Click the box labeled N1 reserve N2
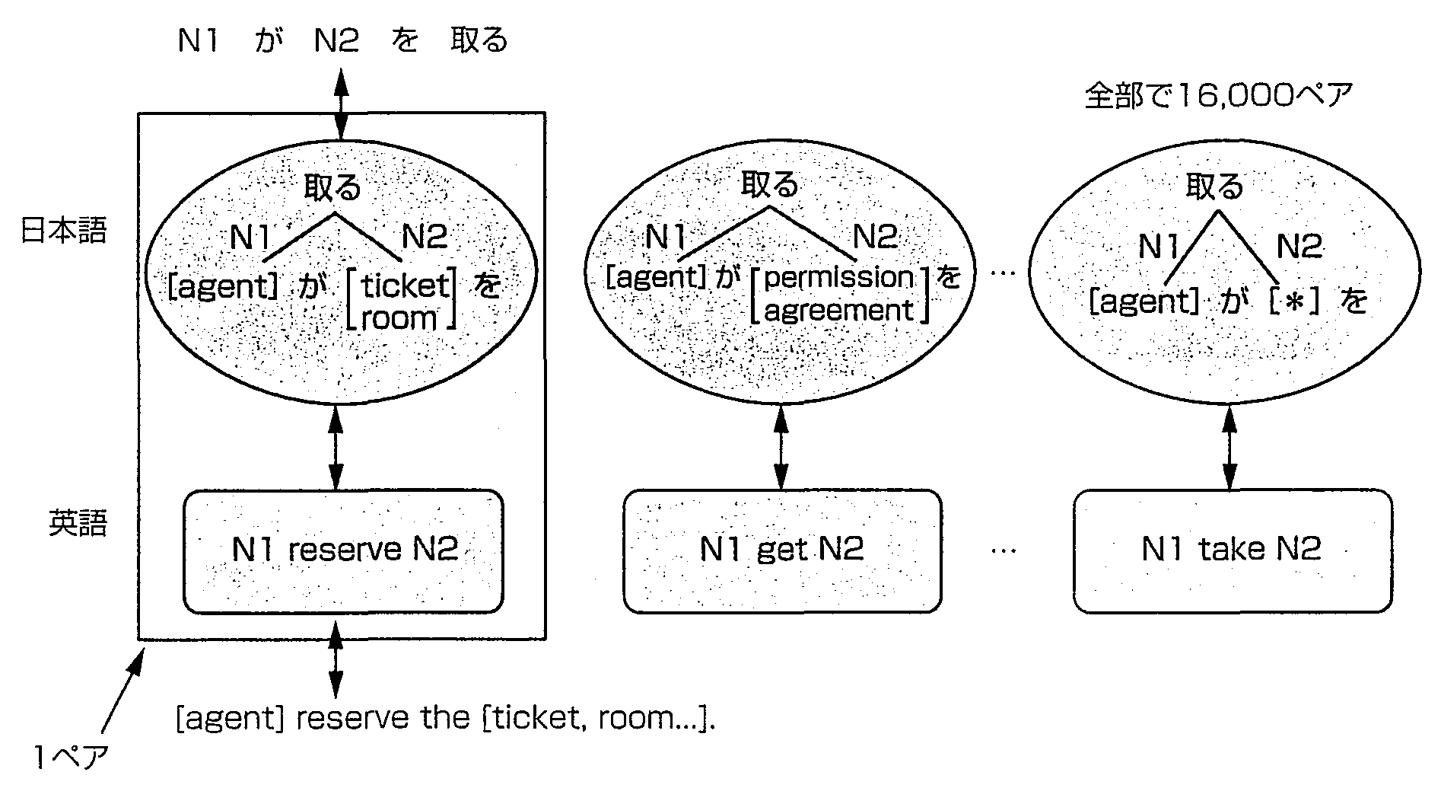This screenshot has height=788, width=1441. [x=344, y=550]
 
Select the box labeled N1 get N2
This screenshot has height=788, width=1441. [x=782, y=550]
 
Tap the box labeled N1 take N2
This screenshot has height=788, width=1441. [x=1233, y=550]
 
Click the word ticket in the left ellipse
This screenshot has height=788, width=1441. [x=405, y=286]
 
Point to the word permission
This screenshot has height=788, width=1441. [x=838, y=278]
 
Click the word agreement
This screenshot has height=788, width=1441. [x=838, y=311]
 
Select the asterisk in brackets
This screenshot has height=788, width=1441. [x=1294, y=301]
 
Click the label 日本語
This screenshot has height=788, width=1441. [x=64, y=230]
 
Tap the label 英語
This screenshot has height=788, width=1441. [x=78, y=523]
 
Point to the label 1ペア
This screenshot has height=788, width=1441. [x=69, y=758]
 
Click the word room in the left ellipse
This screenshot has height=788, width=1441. [x=400, y=318]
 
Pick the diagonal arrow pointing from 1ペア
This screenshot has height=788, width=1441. [x=122, y=693]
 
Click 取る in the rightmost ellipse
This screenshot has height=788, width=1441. [x=1214, y=187]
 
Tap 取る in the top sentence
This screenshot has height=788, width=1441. [x=479, y=40]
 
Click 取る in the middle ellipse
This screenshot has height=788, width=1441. [x=770, y=185]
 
